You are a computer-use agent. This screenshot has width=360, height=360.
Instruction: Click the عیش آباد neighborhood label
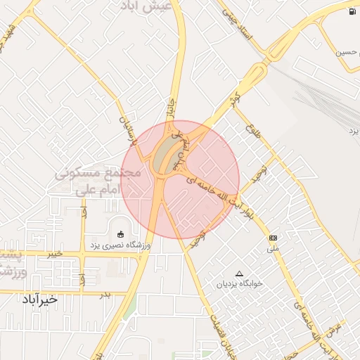pos(160,6)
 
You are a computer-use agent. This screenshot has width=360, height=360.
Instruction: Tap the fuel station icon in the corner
pos(351,12)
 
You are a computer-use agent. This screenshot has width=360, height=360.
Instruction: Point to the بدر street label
pos(105,295)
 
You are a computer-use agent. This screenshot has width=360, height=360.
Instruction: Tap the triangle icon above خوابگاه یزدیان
pos(239,273)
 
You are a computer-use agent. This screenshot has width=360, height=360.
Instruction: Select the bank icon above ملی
pos(273,238)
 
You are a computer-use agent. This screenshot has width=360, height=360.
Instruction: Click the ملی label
pos(274,249)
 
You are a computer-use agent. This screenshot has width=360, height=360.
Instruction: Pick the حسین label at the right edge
pos(347,52)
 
